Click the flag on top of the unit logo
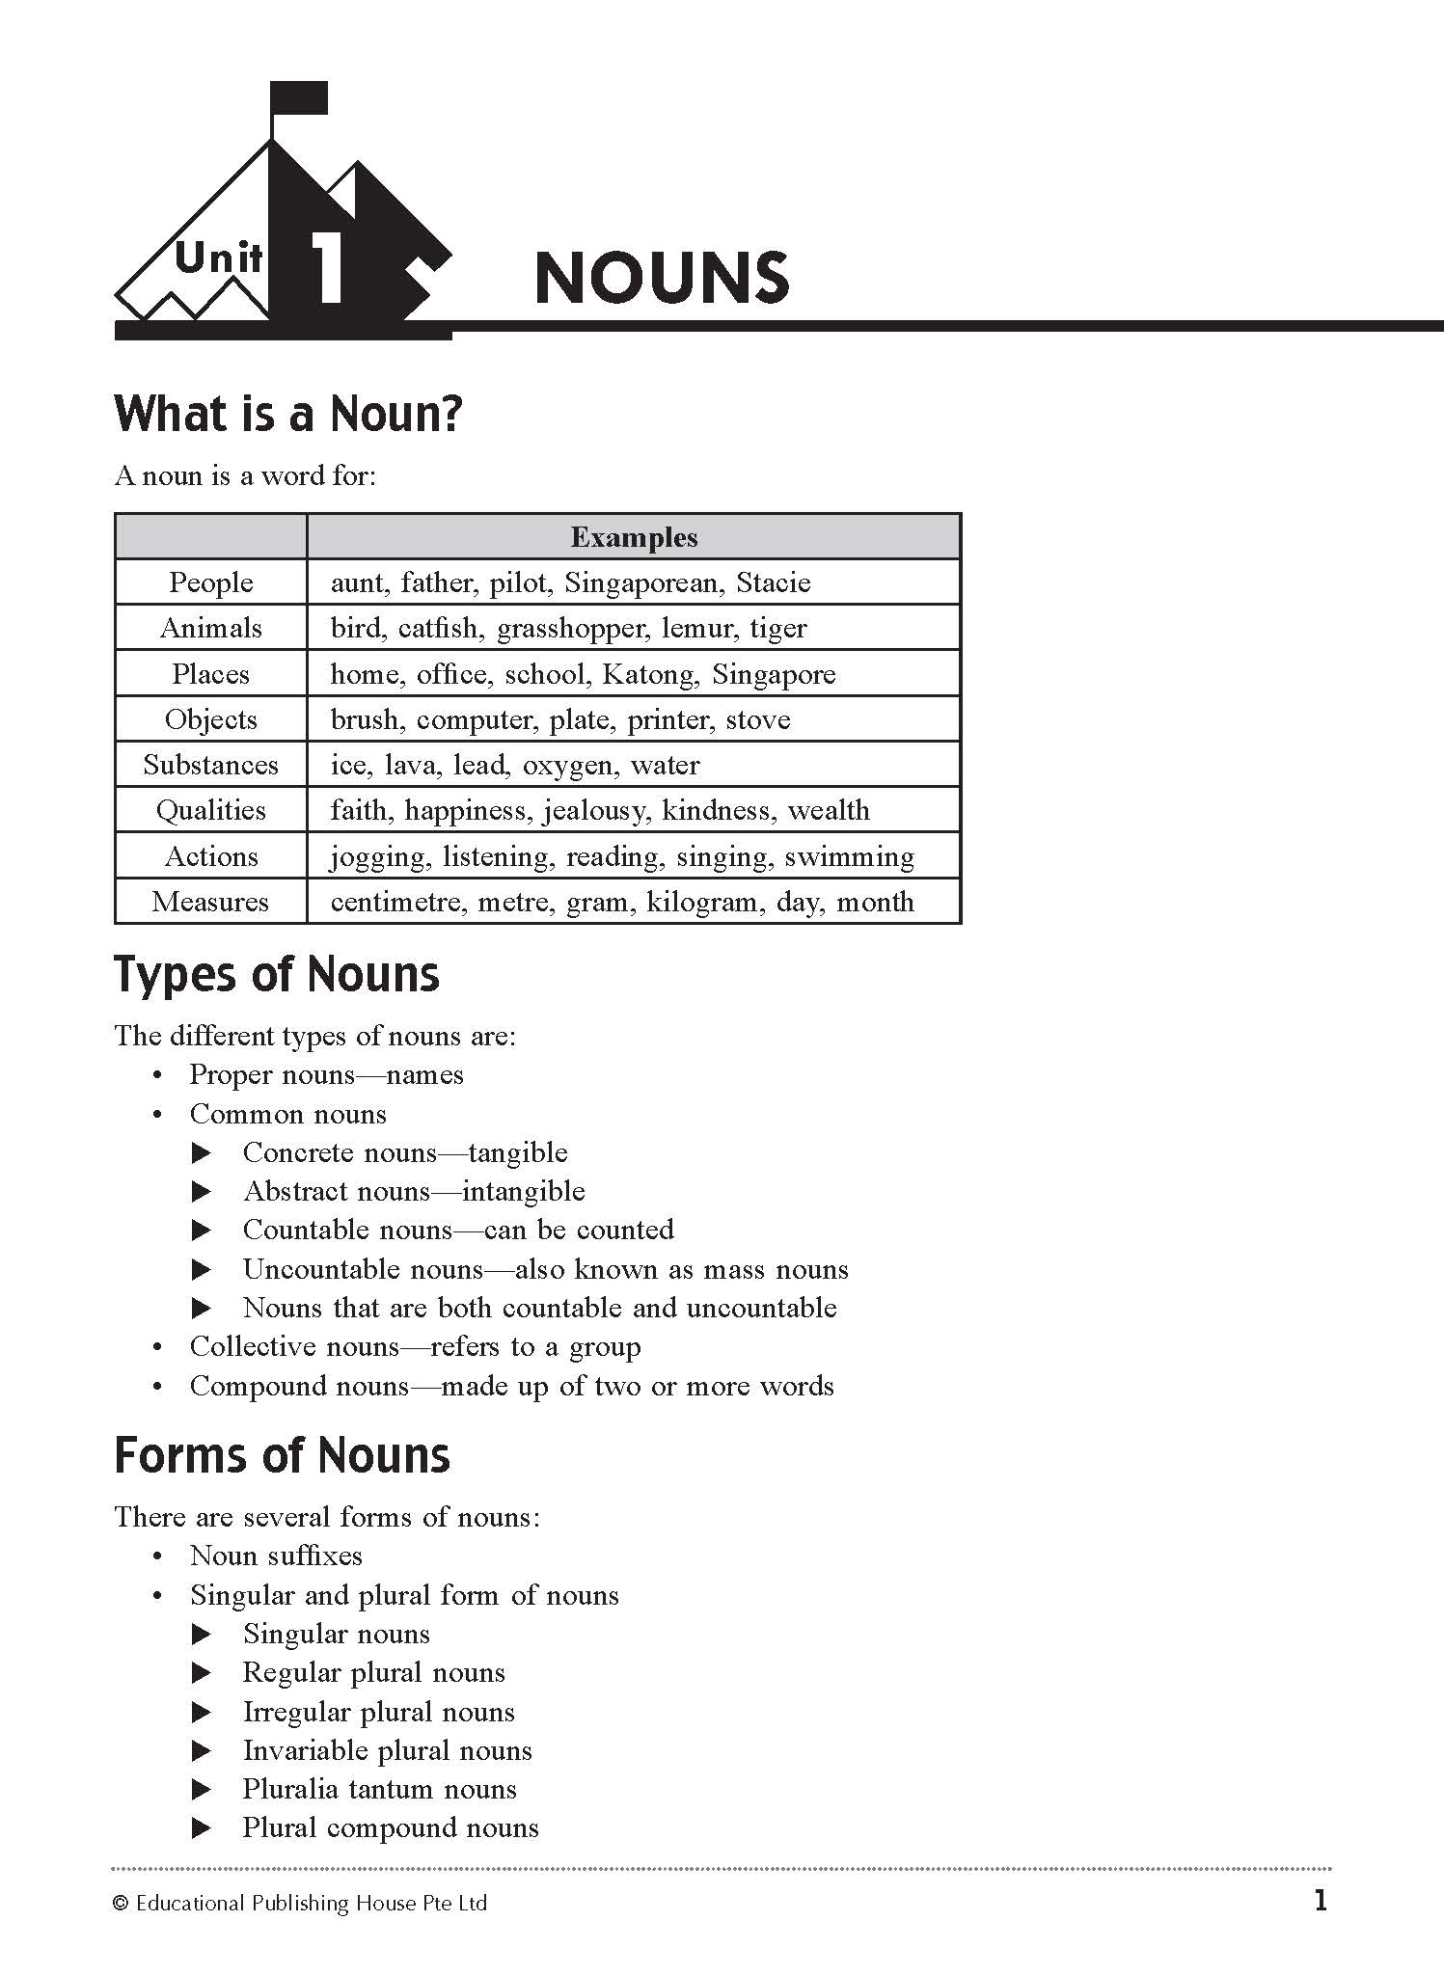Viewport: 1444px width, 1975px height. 300,98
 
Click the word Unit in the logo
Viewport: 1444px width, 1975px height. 219,258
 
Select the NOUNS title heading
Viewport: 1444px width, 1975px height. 662,278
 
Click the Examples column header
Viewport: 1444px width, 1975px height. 634,537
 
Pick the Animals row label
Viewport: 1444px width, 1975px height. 210,628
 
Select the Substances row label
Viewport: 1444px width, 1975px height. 210,765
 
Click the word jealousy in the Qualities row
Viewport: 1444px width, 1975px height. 595,810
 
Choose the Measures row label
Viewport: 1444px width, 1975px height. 210,902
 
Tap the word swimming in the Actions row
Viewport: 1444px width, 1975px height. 849,856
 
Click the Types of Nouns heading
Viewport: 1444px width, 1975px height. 277,974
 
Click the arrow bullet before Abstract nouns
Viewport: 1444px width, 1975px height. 201,1192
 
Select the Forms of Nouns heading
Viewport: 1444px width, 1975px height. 282,1455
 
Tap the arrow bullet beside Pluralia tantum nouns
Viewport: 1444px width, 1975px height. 201,1790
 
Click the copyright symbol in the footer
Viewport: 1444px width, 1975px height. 121,1903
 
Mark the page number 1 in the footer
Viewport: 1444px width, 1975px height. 1321,1901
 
